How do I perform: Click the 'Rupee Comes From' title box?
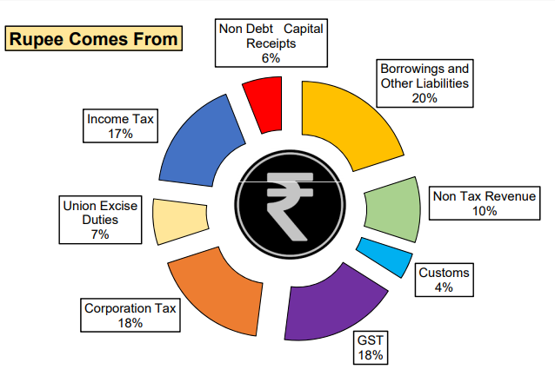pos(94,38)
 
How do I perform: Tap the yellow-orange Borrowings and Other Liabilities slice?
pos(339,122)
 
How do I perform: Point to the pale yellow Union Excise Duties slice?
pos(179,221)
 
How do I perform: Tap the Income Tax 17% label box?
pos(121,125)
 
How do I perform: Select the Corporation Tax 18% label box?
pos(130,314)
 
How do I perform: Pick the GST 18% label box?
pos(370,346)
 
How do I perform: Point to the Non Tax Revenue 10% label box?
pos(485,202)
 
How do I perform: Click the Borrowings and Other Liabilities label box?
pos(425,82)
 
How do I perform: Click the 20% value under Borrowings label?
pos(425,97)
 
